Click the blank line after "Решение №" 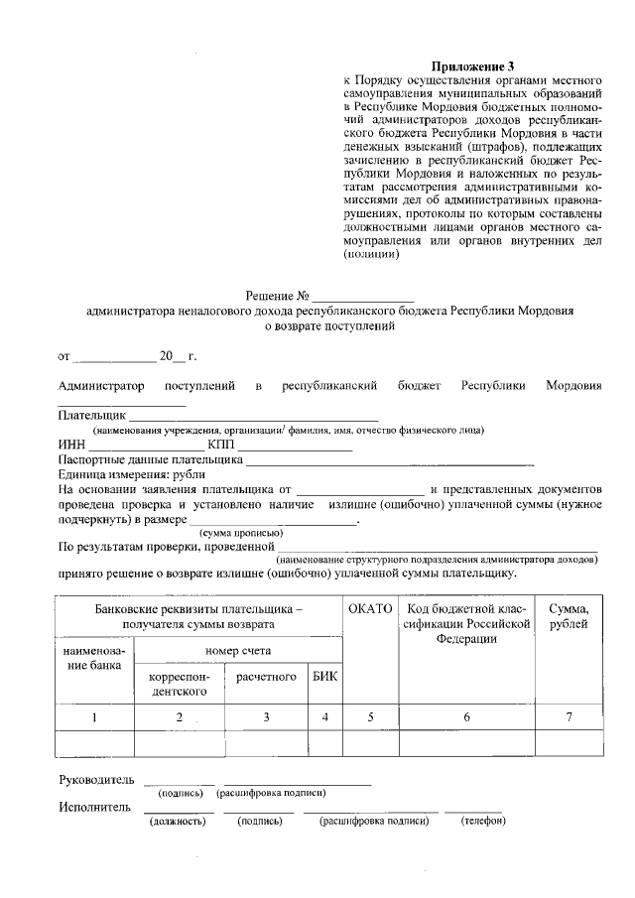363,299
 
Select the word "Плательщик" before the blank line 91,415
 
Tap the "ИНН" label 71,445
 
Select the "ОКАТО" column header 371,608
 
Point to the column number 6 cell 466,716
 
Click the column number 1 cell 93,716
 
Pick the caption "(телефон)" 482,822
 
